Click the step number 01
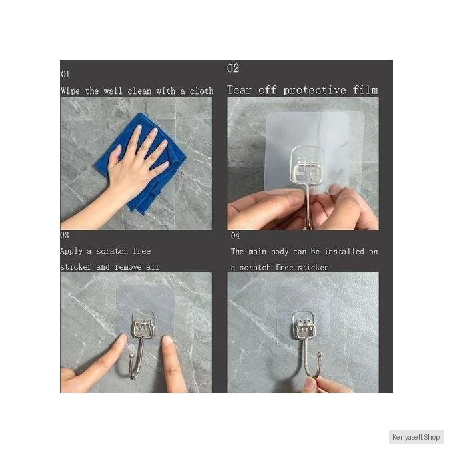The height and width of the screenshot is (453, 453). coord(65,74)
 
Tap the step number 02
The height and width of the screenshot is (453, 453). coord(233,68)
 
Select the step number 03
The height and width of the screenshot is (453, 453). coord(65,235)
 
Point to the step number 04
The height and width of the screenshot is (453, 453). coord(235,236)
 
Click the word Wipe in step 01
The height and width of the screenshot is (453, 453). coord(70,91)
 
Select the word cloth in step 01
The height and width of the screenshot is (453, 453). coord(201,91)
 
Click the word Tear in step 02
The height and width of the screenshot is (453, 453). coord(238,90)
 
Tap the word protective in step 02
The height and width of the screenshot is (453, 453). coord(314,91)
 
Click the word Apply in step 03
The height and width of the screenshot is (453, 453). coord(71,251)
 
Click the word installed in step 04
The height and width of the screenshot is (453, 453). coord(344,252)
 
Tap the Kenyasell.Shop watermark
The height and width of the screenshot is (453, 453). coord(416,437)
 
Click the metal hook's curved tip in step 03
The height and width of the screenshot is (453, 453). coord(131,356)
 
